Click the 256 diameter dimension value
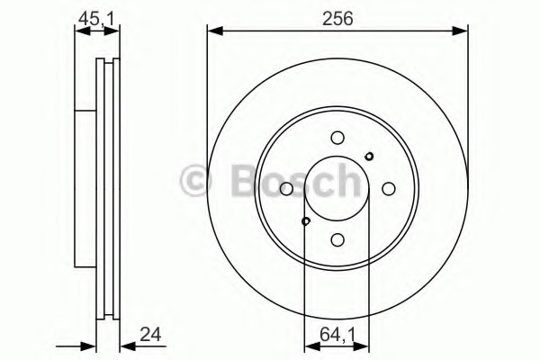pyautogui.click(x=338, y=16)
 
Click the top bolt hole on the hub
pyautogui.click(x=337, y=138)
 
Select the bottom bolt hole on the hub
pyautogui.click(x=337, y=239)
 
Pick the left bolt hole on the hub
pyautogui.click(x=286, y=189)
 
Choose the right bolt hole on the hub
pyautogui.click(x=389, y=189)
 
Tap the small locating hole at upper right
pyautogui.click(x=369, y=157)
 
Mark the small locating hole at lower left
pyautogui.click(x=306, y=220)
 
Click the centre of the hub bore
pyautogui.click(x=337, y=189)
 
